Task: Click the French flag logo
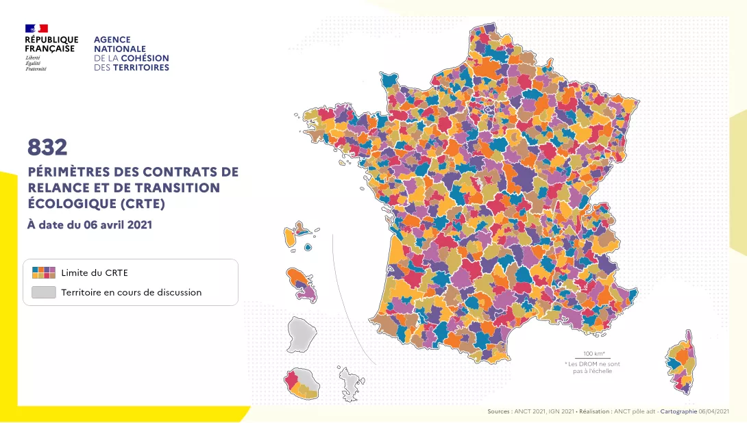click(x=36, y=29)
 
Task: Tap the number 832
click(x=47, y=146)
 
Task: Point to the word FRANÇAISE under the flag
click(x=50, y=49)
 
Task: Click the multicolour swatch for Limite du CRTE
click(x=44, y=272)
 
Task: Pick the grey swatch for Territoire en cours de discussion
click(x=44, y=292)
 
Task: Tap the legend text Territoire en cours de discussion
click(x=132, y=292)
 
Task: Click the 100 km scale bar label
click(x=593, y=353)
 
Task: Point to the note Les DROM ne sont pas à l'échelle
click(x=592, y=368)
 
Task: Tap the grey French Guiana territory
click(x=302, y=333)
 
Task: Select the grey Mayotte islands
click(x=350, y=383)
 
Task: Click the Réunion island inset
click(x=302, y=385)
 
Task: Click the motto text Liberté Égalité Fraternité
click(x=36, y=64)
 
